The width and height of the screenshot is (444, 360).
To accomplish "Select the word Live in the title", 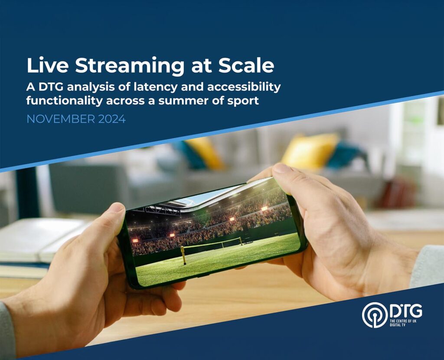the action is (x=48, y=65).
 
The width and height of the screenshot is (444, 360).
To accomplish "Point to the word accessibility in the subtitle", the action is (x=244, y=87).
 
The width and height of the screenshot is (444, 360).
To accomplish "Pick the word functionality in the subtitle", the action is (x=65, y=101).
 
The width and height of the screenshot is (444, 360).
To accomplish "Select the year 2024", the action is (x=112, y=119).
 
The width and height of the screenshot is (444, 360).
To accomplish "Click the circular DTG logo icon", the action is (x=375, y=315).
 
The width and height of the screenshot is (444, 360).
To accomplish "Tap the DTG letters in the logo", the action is (x=406, y=311).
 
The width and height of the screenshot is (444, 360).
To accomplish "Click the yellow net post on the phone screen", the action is (x=183, y=255).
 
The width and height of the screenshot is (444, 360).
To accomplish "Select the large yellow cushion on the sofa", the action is (x=310, y=151).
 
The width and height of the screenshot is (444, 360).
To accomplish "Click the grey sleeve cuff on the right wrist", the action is (x=427, y=266).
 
